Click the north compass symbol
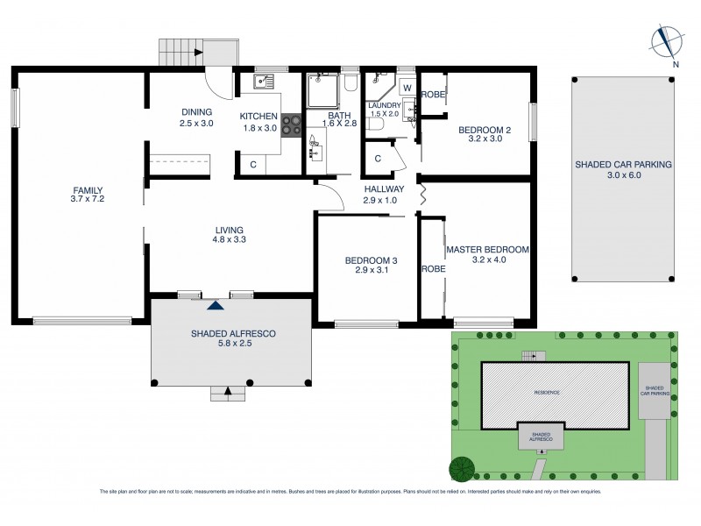(669, 39)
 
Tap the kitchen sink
(263, 82)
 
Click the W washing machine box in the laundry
(406, 88)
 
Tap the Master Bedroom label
(487, 250)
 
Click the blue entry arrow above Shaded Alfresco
(215, 304)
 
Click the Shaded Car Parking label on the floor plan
(623, 164)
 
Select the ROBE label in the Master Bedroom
(432, 269)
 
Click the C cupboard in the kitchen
(253, 164)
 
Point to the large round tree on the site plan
(461, 470)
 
